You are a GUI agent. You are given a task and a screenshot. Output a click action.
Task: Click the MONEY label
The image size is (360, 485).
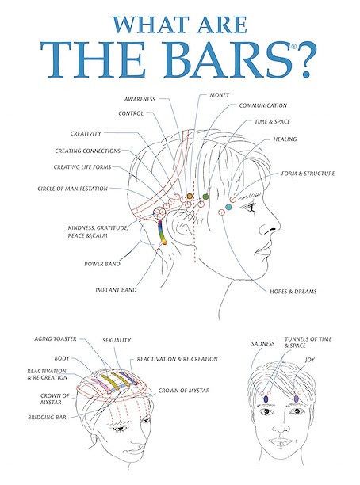pyautogui.click(x=220, y=95)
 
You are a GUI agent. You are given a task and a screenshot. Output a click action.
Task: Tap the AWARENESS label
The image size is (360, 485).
pyautogui.click(x=140, y=99)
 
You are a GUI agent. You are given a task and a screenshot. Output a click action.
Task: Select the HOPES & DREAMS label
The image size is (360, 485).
pyautogui.click(x=293, y=292)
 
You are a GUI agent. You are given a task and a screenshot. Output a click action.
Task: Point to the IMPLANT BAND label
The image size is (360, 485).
pyautogui.click(x=116, y=290)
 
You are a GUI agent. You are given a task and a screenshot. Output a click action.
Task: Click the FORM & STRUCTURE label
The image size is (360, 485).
pyautogui.click(x=308, y=174)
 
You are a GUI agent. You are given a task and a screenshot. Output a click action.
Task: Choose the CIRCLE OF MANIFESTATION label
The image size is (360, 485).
pyautogui.click(x=72, y=189)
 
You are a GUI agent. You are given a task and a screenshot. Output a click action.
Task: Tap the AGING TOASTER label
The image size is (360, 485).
pyautogui.click(x=56, y=339)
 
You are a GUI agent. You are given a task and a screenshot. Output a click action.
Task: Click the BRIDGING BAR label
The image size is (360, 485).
pyautogui.click(x=47, y=418)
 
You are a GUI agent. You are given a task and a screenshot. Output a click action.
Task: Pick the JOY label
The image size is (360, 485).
pyautogui.click(x=309, y=360)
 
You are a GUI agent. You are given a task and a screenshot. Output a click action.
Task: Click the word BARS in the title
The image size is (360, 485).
pyautogui.click(x=228, y=59)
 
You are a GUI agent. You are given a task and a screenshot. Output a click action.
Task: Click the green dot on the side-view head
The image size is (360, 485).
pyautogui.click(x=205, y=196)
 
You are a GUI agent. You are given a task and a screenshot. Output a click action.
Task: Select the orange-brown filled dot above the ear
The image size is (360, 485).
pyautogui.click(x=190, y=196)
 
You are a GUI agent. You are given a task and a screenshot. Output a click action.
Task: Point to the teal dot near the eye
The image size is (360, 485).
pyautogui.click(x=228, y=207)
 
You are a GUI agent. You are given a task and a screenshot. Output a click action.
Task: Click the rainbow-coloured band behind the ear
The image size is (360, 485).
pyautogui.click(x=162, y=232)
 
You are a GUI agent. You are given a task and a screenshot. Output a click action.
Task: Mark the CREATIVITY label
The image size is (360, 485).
pyautogui.click(x=86, y=134)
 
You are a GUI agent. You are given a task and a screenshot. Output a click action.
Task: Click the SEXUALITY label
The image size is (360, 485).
pyautogui.click(x=117, y=340)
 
